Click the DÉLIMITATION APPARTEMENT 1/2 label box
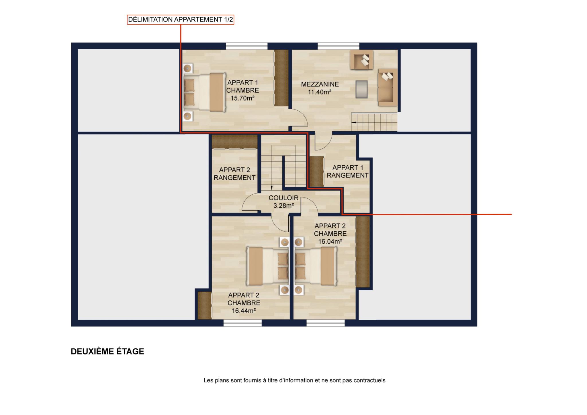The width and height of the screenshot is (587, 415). pyautogui.click(x=181, y=20)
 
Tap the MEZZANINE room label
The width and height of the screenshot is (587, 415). pyautogui.click(x=320, y=84)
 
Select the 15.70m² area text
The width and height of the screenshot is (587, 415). pyautogui.click(x=243, y=98)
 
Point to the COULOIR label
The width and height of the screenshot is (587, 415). pyautogui.click(x=283, y=198)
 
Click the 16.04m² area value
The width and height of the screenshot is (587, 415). pyautogui.click(x=330, y=242)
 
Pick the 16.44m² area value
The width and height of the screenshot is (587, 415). pyautogui.click(x=244, y=311)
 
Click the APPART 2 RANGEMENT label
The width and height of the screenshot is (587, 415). pyautogui.click(x=234, y=174)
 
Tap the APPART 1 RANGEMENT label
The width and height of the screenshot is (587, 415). pyautogui.click(x=348, y=171)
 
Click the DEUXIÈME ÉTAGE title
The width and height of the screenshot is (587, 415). pyautogui.click(x=107, y=351)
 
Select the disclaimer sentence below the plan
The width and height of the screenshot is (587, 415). pyautogui.click(x=295, y=380)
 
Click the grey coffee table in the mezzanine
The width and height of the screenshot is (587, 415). pyautogui.click(x=361, y=89)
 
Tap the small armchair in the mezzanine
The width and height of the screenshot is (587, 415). pyautogui.click(x=361, y=60)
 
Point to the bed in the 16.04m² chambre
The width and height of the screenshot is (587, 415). pyautogui.click(x=316, y=267)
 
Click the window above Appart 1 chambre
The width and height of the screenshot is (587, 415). pyautogui.click(x=246, y=46)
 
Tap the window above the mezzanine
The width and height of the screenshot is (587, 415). pyautogui.click(x=338, y=46)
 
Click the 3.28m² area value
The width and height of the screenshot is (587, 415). pyautogui.click(x=283, y=205)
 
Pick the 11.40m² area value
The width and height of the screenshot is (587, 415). pyautogui.click(x=320, y=92)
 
